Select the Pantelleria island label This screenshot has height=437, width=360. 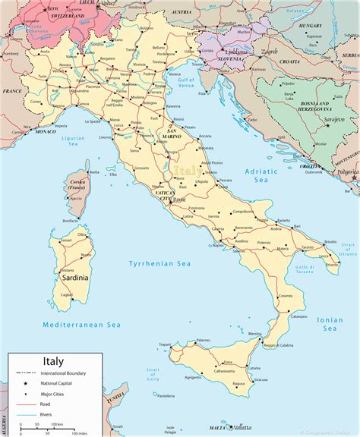[x=162, y=395]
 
